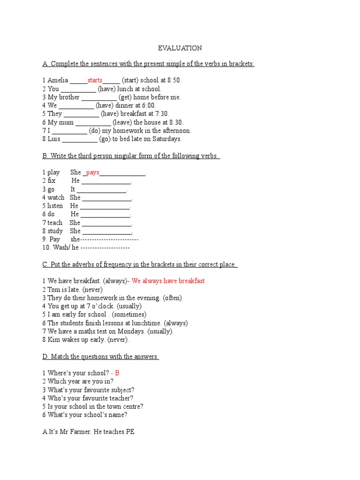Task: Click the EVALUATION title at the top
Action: [x=180, y=48]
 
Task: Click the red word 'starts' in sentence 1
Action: [x=95, y=81]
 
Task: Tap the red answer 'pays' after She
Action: [x=92, y=173]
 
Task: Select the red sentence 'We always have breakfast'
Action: [x=168, y=281]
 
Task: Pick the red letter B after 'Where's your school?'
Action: [x=117, y=373]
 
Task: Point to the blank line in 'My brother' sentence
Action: [x=99, y=97]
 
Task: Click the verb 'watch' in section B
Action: [x=56, y=198]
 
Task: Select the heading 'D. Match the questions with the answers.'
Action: [x=100, y=357]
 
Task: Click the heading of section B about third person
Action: [x=131, y=156]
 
